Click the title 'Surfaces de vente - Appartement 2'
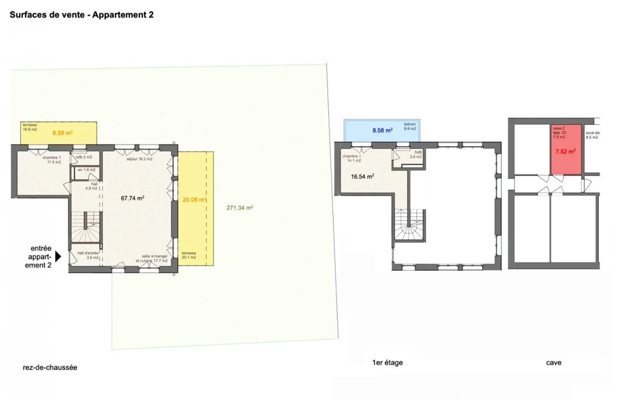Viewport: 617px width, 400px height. (x=81, y=15)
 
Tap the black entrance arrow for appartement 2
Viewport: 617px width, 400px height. (x=58, y=256)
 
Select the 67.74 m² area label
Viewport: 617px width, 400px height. (x=132, y=198)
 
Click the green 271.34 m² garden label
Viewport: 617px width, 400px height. (x=240, y=208)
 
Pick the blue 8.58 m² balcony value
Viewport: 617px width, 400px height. (x=382, y=130)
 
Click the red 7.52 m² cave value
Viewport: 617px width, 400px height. (x=565, y=151)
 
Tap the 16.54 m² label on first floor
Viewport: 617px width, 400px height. (x=362, y=176)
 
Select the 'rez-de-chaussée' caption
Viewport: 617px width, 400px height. (x=50, y=367)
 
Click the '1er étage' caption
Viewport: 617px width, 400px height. (x=387, y=363)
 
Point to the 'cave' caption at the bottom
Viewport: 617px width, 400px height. (x=553, y=363)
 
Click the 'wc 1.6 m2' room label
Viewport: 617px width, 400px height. (x=87, y=170)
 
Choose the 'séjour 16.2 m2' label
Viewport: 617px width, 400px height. (x=139, y=159)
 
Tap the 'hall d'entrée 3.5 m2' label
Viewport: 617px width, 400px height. (x=88, y=255)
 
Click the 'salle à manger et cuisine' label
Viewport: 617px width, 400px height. (x=152, y=258)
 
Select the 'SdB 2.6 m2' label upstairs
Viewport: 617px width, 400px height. (x=416, y=155)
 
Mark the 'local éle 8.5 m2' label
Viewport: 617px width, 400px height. (x=593, y=135)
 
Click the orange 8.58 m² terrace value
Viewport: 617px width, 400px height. (x=63, y=133)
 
